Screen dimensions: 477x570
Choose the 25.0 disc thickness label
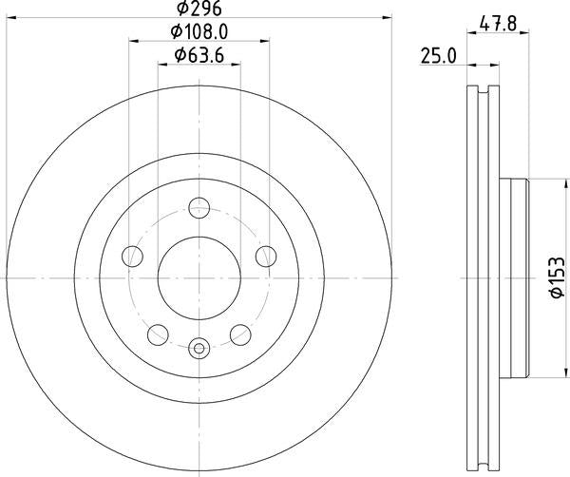point(438,56)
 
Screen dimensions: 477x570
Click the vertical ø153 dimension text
point(557,277)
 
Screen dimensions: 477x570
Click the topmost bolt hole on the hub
point(199,207)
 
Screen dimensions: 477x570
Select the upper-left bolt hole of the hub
point(133,255)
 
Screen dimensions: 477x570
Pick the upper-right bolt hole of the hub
point(265,255)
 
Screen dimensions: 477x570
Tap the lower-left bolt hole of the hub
point(158,333)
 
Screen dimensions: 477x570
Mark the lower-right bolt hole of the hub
point(240,333)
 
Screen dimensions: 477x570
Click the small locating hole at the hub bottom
point(199,348)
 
